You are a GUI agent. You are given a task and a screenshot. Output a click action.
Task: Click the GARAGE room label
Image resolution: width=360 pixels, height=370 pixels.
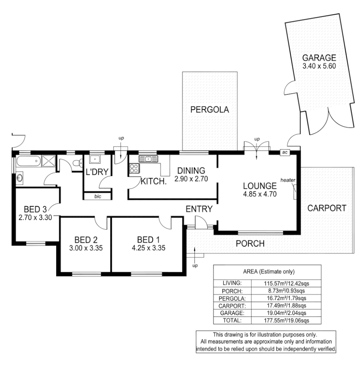tap(319, 58)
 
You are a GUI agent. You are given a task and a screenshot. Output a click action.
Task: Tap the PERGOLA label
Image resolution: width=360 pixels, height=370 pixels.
tap(210, 110)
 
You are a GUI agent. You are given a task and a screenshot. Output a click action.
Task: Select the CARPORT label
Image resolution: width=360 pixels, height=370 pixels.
tap(327, 208)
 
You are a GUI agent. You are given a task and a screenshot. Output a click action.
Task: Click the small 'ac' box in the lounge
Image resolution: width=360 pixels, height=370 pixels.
tap(285, 152)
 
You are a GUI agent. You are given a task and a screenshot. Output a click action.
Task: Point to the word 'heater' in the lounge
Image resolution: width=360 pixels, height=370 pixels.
tap(288, 179)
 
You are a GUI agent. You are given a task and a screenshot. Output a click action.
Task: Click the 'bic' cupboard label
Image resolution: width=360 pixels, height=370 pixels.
tap(97, 196)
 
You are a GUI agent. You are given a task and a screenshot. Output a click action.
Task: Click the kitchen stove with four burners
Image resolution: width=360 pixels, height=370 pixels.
tap(134, 168)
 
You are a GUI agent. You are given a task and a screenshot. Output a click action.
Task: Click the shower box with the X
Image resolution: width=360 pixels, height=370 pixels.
tap(48, 162)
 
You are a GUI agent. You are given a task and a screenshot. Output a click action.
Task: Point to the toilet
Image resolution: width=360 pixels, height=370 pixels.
tap(77, 164)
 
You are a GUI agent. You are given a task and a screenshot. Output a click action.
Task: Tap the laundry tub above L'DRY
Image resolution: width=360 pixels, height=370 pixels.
tap(94, 160)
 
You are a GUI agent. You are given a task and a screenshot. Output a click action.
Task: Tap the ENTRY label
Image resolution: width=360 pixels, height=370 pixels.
tap(199, 209)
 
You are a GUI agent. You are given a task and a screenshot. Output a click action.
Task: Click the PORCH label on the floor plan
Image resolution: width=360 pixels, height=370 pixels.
tap(250, 243)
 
